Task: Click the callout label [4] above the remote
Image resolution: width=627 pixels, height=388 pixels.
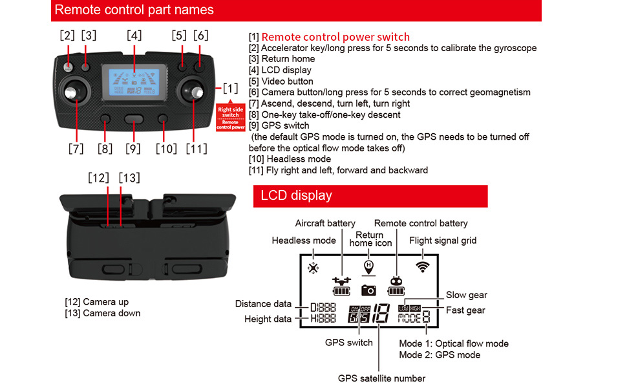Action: click(134, 36)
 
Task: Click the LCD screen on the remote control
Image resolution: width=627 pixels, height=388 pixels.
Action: click(134, 81)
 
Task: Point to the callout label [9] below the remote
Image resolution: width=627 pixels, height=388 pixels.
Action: click(134, 149)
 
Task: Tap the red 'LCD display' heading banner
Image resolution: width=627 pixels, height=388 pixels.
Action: click(370, 195)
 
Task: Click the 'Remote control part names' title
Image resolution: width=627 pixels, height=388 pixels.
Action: click(134, 10)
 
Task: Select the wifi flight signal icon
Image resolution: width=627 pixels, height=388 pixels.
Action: click(423, 265)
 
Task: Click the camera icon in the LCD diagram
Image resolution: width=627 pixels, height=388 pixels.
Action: click(368, 290)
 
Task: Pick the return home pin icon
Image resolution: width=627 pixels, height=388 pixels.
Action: click(368, 266)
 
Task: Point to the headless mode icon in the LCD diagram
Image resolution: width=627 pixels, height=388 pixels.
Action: click(313, 268)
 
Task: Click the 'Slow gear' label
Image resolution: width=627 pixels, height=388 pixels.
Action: click(466, 295)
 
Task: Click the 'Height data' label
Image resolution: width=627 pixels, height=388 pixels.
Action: click(268, 319)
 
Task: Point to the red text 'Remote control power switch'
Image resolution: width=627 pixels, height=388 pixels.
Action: click(335, 37)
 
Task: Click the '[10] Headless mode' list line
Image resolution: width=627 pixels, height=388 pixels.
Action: click(290, 159)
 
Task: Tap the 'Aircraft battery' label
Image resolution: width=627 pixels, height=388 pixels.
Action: click(325, 224)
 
